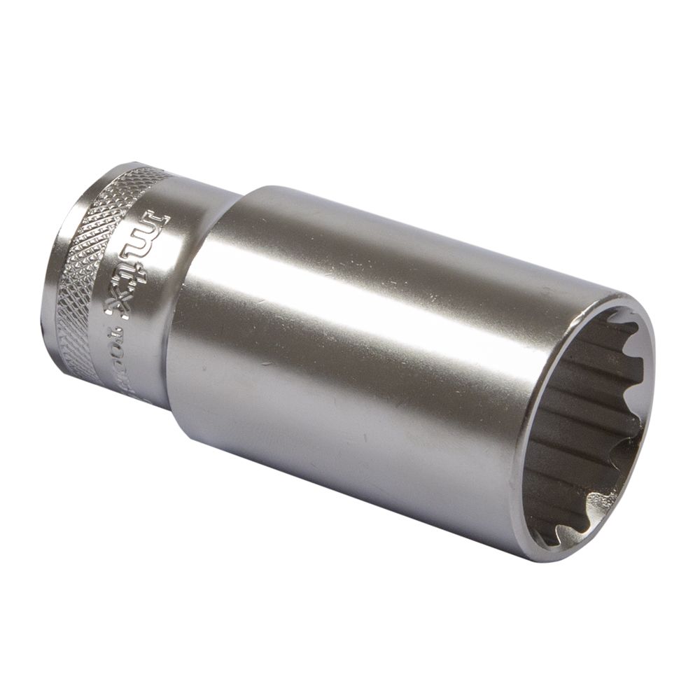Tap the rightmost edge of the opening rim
[655, 406]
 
